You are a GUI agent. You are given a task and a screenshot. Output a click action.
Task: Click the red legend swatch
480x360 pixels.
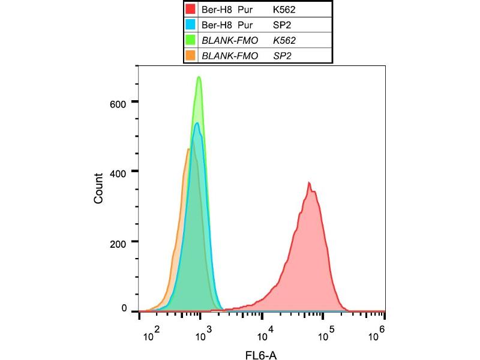click(x=190, y=9)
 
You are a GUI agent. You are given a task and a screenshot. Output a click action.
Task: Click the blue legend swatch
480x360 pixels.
click(x=190, y=25)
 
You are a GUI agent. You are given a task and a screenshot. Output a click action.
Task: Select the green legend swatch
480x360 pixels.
click(x=190, y=40)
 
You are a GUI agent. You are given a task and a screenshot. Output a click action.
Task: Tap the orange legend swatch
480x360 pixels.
click(x=190, y=56)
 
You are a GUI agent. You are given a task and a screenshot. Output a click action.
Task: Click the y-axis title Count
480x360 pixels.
click(x=99, y=188)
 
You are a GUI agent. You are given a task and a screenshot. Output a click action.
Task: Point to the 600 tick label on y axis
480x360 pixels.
click(x=119, y=103)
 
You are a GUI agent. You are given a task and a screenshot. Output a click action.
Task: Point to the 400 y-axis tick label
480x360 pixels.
click(x=119, y=172)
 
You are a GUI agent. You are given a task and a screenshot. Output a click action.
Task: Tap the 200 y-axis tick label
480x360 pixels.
click(x=119, y=242)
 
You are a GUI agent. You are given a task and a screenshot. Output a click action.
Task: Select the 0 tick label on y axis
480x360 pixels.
click(x=125, y=308)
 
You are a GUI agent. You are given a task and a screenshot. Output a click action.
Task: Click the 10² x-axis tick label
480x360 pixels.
click(x=153, y=328)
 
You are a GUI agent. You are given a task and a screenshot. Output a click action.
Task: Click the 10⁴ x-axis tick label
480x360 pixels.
click(x=265, y=328)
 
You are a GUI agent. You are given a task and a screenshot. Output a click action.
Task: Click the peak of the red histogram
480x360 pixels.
click(x=309, y=182)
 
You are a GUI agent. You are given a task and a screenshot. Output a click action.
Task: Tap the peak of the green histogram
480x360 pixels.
click(x=199, y=77)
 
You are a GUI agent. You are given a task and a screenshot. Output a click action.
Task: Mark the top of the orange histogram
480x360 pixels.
click(x=188, y=149)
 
